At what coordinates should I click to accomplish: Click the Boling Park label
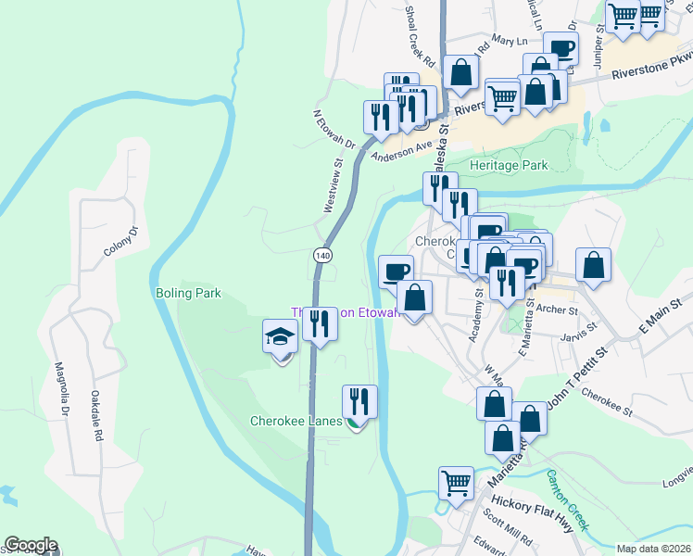pos(188,293)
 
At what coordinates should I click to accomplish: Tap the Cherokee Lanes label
pos(296,421)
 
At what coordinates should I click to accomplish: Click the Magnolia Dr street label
pos(62,388)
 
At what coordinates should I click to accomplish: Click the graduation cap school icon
pos(279,338)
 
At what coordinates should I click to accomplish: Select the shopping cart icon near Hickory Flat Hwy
pos(456,482)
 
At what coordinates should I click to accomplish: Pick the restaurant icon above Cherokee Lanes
pos(359,401)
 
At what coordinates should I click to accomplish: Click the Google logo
pos(31,545)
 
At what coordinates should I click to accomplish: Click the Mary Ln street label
pos(509,41)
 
